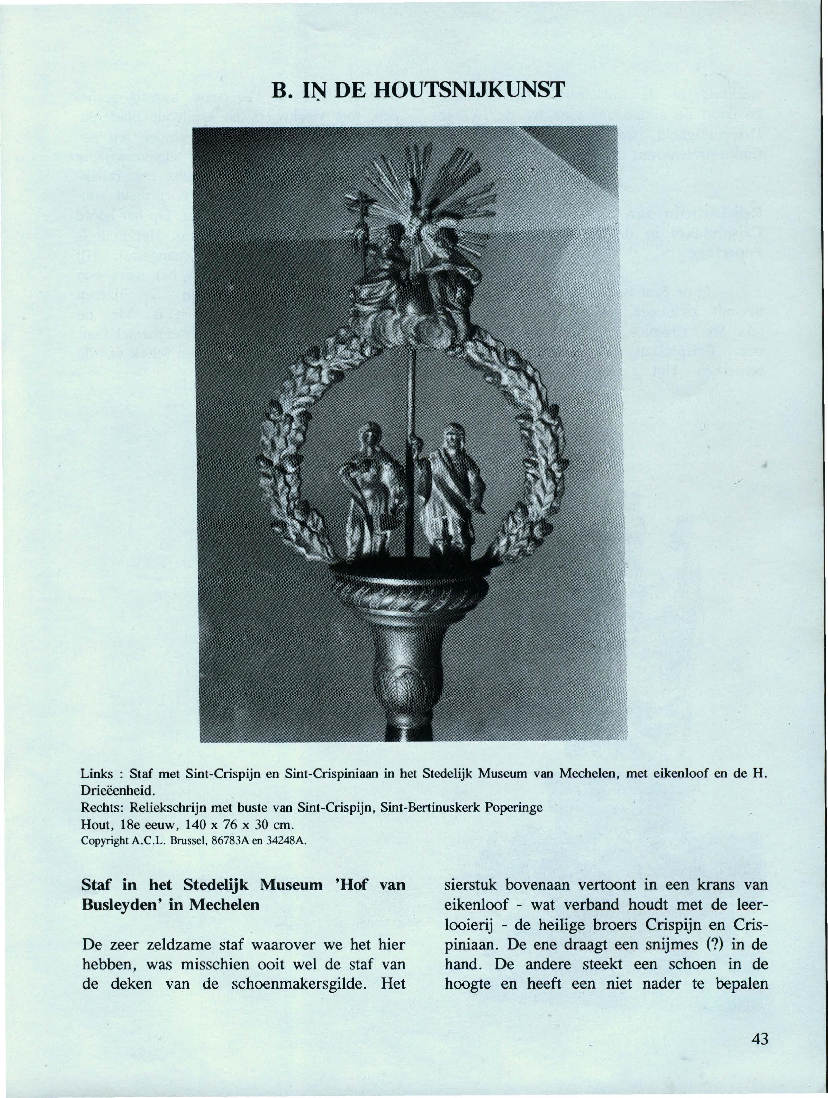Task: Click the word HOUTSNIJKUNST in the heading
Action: pos(469,91)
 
